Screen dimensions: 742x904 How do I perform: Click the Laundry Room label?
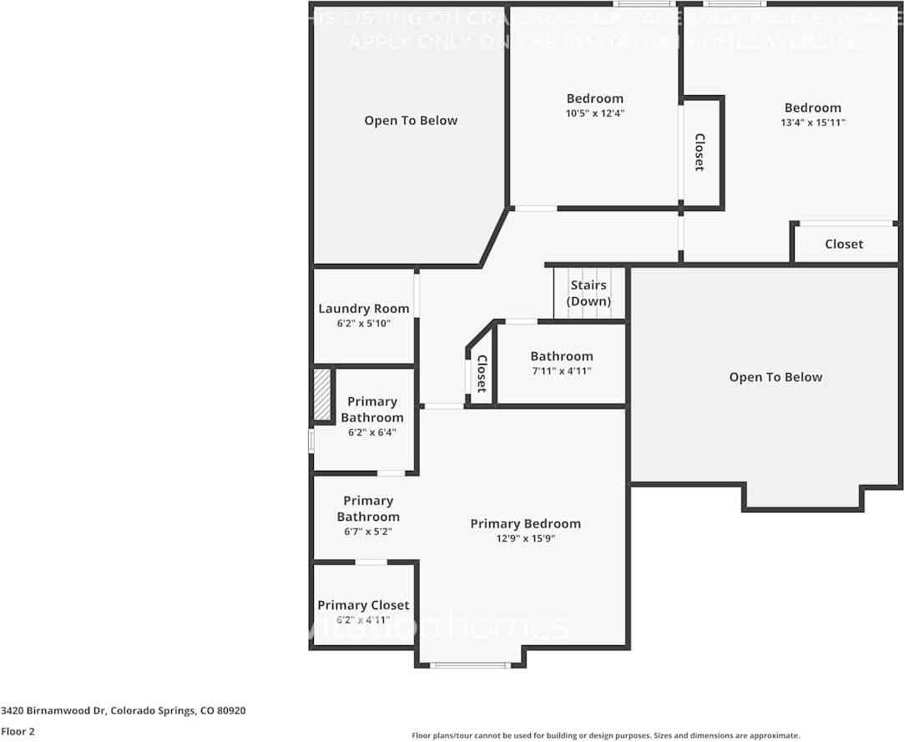(x=364, y=309)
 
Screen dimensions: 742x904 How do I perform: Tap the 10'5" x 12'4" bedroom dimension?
(x=594, y=114)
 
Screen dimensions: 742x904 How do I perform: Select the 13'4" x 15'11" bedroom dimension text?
(x=812, y=123)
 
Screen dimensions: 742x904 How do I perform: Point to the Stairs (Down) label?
(x=588, y=293)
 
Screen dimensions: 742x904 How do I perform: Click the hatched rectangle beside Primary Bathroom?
(x=322, y=395)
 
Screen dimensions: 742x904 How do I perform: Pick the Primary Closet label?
(x=363, y=605)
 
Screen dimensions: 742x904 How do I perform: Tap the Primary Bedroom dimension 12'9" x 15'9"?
(x=525, y=539)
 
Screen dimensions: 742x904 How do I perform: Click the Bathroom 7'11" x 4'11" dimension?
(x=562, y=371)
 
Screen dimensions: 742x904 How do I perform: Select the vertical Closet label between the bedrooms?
(x=699, y=152)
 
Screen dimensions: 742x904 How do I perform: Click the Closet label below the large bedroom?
(x=844, y=244)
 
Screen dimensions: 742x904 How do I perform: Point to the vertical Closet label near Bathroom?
(x=482, y=374)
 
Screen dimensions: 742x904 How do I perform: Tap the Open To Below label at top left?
(x=411, y=121)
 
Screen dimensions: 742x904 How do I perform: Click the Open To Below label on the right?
(x=775, y=377)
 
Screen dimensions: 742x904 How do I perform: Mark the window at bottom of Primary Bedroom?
(x=471, y=665)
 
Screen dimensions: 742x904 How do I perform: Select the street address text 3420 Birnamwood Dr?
(x=124, y=711)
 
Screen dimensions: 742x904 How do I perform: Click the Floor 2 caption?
(x=18, y=731)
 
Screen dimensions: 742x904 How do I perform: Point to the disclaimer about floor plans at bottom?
(x=605, y=735)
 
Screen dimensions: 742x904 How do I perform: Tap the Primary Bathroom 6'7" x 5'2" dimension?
(x=368, y=531)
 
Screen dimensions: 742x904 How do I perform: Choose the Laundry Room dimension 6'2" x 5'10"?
(x=364, y=323)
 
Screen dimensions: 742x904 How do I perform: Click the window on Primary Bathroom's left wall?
(x=311, y=440)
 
